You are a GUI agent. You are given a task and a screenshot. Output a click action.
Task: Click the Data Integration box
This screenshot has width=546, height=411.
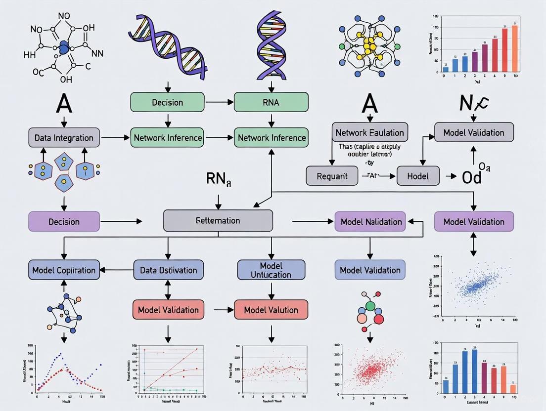[64, 138]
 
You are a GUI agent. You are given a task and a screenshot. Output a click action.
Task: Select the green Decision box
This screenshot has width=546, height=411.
[168, 102]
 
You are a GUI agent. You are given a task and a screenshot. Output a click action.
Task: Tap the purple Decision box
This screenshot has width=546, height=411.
[64, 221]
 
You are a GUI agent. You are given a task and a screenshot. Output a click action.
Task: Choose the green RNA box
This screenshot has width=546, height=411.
[271, 102]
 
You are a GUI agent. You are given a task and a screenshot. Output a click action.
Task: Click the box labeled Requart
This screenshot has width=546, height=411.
[332, 175]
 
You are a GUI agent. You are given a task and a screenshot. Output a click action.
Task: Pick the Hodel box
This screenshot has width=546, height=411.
[418, 175]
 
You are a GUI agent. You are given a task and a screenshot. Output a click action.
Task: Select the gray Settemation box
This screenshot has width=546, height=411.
[218, 220]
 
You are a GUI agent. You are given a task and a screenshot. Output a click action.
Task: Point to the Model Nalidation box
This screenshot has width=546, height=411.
[370, 221]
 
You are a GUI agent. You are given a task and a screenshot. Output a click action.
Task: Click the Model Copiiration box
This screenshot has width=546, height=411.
[64, 270]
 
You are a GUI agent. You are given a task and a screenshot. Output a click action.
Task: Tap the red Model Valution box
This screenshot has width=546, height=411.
[271, 310]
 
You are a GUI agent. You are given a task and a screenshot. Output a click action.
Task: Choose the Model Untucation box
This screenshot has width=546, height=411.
[271, 270]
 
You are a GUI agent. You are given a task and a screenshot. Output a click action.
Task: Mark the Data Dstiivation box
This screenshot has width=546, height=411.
[168, 270]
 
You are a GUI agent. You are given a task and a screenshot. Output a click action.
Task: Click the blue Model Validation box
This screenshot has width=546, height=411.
[370, 270]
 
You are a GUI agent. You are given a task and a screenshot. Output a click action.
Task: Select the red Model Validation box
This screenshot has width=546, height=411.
[168, 310]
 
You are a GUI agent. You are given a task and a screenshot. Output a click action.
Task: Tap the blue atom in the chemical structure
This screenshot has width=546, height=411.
[64, 47]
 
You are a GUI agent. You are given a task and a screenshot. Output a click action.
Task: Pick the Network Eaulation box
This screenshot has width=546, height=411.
[370, 132]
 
